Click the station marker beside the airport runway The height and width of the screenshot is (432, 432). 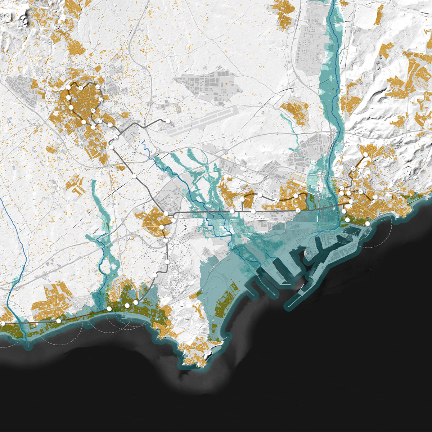click(x=168, y=121)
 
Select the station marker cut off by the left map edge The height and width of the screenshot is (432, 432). click(x=3, y=324)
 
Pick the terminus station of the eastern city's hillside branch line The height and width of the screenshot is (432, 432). click(x=365, y=155)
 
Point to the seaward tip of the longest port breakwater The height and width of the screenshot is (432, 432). click(x=288, y=308)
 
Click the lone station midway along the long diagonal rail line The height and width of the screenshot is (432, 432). click(x=134, y=176)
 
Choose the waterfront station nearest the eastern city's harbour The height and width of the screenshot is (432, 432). click(x=368, y=224)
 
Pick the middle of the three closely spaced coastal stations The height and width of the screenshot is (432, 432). click(x=127, y=305)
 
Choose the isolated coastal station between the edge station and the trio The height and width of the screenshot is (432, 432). click(x=59, y=320)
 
